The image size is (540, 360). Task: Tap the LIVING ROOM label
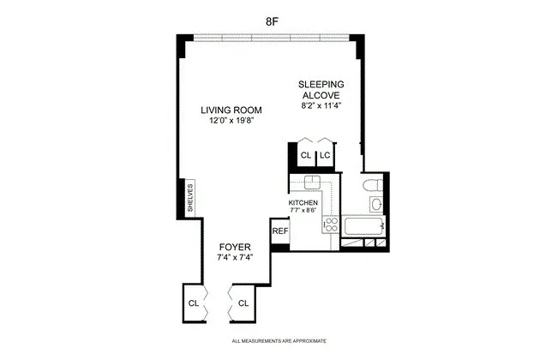click(x=231, y=110)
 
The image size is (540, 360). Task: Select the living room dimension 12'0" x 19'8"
click(x=231, y=121)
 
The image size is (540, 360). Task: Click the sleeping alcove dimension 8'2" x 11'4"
click(x=321, y=106)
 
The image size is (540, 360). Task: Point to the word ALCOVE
click(x=321, y=95)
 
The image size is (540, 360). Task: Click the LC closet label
click(x=326, y=155)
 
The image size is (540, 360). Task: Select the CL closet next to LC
click(x=305, y=155)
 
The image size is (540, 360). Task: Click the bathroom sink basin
click(x=375, y=204)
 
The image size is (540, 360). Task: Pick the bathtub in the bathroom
click(x=363, y=226)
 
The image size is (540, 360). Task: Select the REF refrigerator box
click(x=279, y=231)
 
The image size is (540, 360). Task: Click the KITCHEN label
click(x=303, y=202)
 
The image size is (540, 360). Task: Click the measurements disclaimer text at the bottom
click(x=269, y=342)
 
